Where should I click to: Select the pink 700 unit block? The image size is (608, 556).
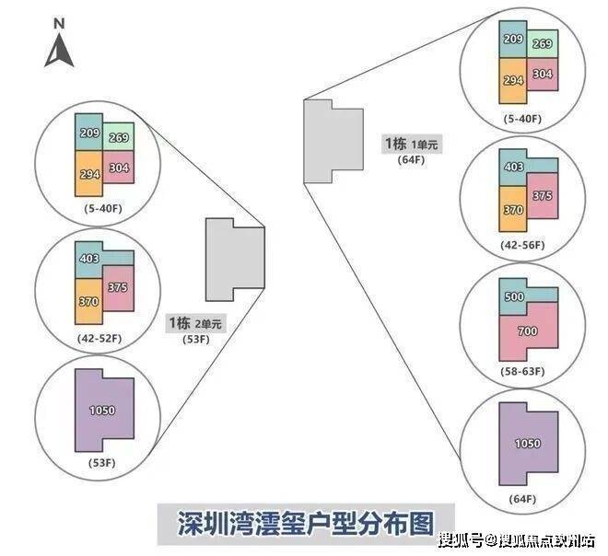(x=527, y=332)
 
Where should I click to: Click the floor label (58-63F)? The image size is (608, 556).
(x=522, y=371)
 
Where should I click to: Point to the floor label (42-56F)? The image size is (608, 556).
(x=522, y=245)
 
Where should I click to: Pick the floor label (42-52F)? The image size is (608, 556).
(x=99, y=338)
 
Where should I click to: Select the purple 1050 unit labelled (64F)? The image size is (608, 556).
(x=528, y=444)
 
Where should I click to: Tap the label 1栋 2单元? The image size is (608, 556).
(x=195, y=323)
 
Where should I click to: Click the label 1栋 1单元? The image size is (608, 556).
(x=412, y=145)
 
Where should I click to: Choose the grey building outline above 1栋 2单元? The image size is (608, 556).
(x=235, y=260)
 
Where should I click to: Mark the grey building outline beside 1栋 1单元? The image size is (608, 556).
(x=333, y=141)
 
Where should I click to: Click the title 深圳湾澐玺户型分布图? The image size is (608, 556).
(x=306, y=524)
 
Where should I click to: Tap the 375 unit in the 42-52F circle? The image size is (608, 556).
(x=119, y=288)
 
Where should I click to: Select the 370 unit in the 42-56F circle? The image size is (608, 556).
(x=513, y=209)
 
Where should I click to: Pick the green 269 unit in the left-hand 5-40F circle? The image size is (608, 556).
(x=119, y=137)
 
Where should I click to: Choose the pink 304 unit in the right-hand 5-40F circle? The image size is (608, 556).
(x=543, y=74)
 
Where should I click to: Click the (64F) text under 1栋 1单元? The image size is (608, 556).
(x=411, y=159)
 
